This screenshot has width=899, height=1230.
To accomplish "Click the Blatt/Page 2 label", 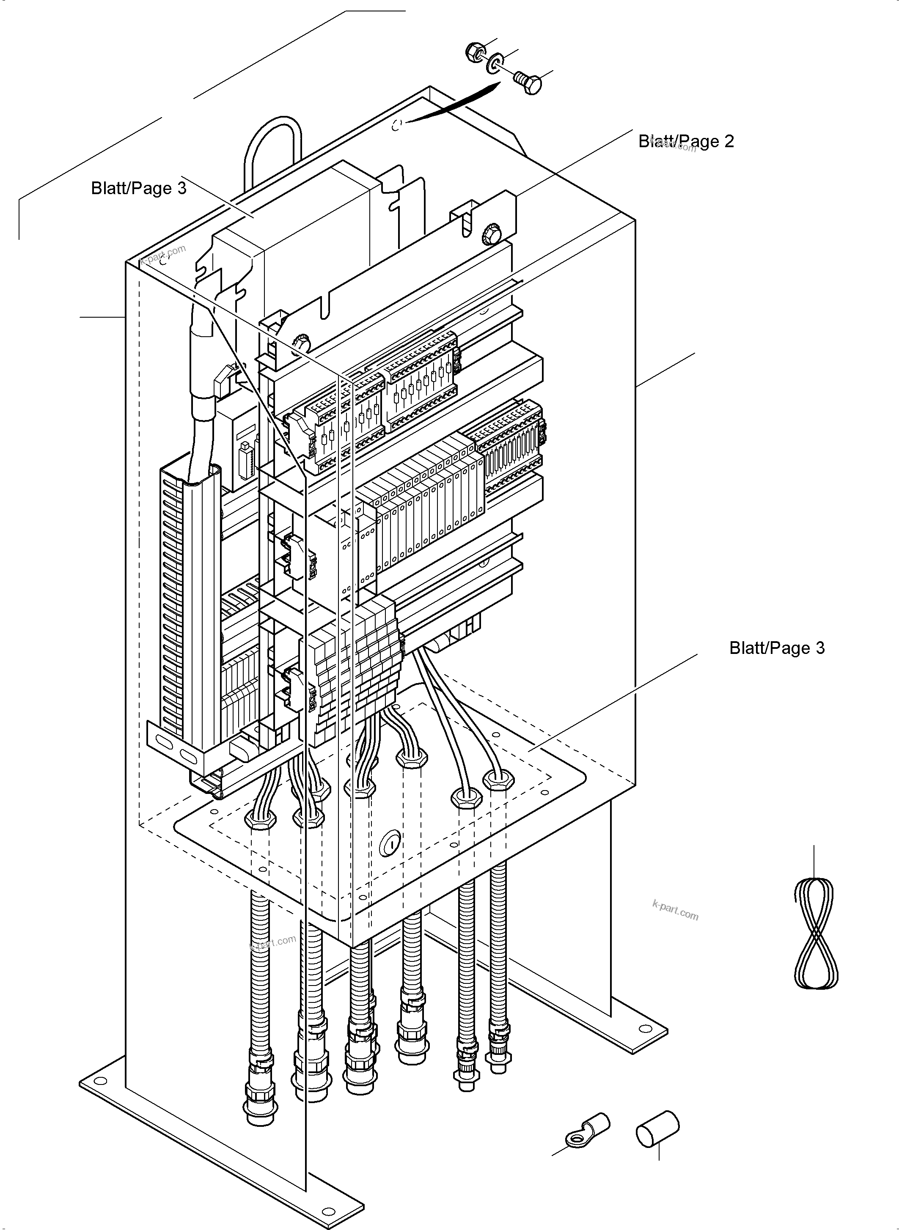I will (x=686, y=141).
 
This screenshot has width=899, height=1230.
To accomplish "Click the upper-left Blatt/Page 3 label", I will (x=138, y=188).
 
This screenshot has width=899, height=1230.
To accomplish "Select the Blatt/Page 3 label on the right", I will (x=777, y=648).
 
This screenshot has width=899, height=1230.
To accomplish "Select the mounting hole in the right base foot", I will (x=646, y=1028).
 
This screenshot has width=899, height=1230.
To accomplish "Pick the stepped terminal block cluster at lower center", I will (x=354, y=669).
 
